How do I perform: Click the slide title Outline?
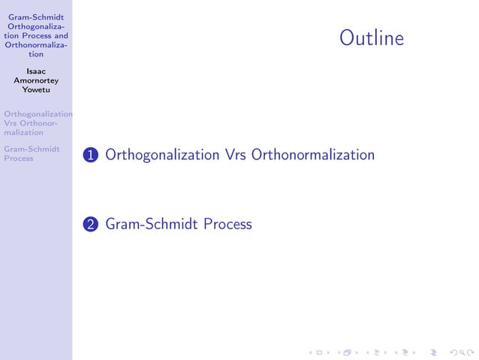(371, 38)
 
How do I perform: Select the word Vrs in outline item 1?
(235, 155)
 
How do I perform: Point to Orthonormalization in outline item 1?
(313, 155)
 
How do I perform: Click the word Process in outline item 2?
(227, 224)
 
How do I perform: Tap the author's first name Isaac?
(36, 72)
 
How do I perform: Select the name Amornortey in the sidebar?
(36, 81)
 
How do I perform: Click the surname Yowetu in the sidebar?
(36, 91)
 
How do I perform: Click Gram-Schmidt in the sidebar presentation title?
(36, 17)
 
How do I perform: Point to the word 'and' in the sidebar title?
(60, 35)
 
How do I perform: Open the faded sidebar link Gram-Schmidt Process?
(32, 153)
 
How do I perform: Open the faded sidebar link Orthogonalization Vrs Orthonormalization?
(36, 123)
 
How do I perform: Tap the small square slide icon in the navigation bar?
(319, 352)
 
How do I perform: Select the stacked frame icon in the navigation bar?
(348, 352)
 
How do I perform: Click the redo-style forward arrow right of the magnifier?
(468, 352)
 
